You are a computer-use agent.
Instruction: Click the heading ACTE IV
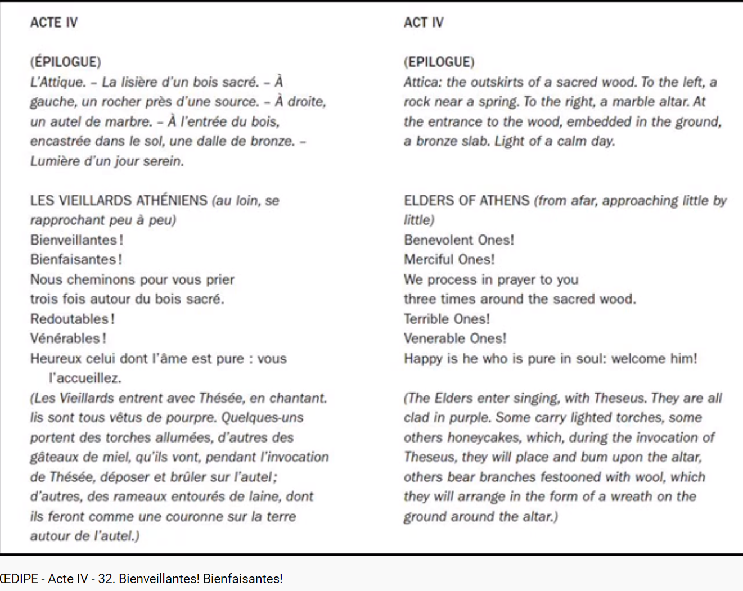coord(54,22)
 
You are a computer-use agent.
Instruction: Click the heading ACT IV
coord(424,22)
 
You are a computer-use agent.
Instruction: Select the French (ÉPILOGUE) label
coord(66,62)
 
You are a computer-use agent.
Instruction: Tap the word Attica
coord(422,82)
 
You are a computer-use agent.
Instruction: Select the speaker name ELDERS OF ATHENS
coord(466,201)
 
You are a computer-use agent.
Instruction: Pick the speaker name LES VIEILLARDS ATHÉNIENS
coord(119,201)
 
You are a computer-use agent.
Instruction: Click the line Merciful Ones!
coord(449,260)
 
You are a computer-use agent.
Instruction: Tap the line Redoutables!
coord(73,319)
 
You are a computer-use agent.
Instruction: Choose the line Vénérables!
coord(68,339)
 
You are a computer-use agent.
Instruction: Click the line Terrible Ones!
coord(447,319)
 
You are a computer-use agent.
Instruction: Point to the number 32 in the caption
coord(105,579)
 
